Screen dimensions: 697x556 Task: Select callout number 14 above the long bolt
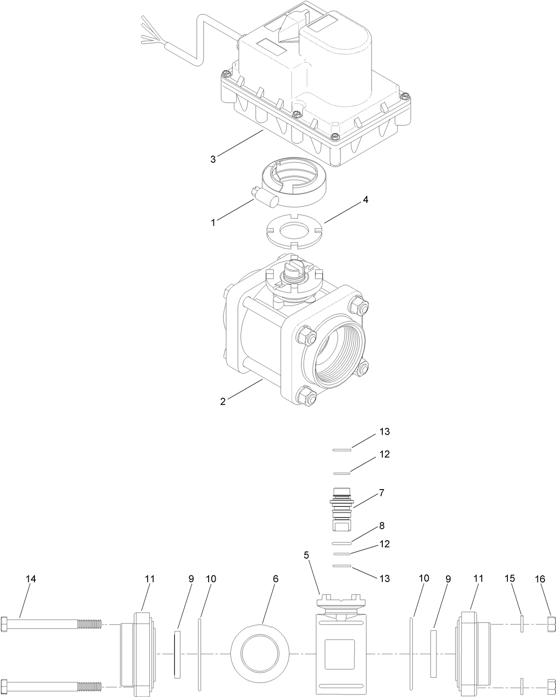pos(30,579)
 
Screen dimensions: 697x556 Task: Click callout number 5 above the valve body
pos(306,555)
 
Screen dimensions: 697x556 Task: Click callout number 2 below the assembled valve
pos(223,401)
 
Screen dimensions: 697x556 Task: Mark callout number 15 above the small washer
pos(510,579)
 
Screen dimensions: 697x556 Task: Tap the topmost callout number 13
pos(385,432)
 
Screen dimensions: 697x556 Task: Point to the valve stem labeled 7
pos(341,509)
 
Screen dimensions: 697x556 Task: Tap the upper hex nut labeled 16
pos(551,624)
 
